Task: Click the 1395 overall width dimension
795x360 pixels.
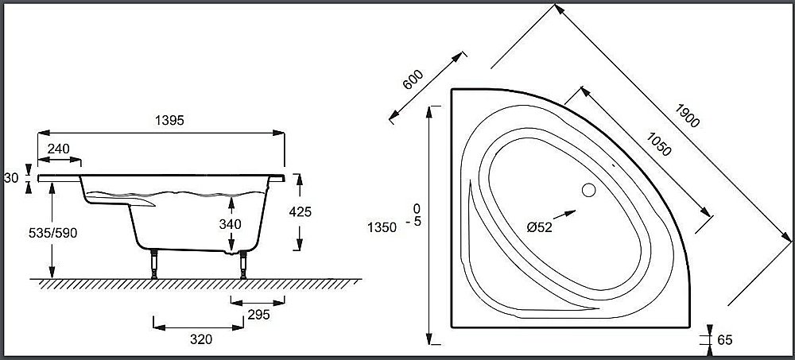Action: tap(169, 120)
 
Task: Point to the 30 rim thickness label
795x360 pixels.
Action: tap(11, 178)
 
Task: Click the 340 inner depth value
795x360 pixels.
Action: tap(230, 224)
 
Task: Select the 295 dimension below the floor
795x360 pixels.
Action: tap(258, 314)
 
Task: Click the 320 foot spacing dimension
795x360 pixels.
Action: tap(201, 339)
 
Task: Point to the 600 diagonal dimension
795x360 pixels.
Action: tap(413, 80)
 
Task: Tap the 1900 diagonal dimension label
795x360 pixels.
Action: tap(688, 116)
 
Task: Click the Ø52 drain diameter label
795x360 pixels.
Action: tap(539, 226)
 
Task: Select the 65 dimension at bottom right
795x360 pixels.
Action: tap(724, 340)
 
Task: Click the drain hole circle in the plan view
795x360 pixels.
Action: tap(588, 191)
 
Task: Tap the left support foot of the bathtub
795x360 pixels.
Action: tap(151, 263)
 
